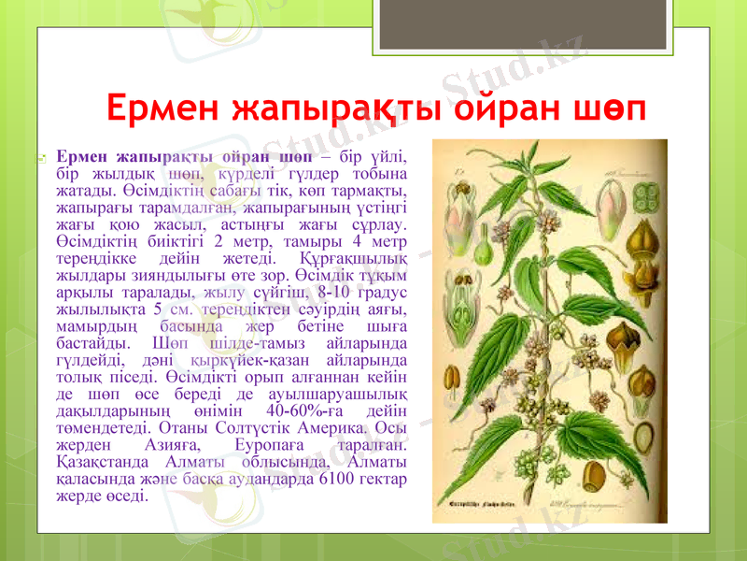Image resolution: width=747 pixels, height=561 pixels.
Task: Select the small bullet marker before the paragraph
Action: coord(43,161)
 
